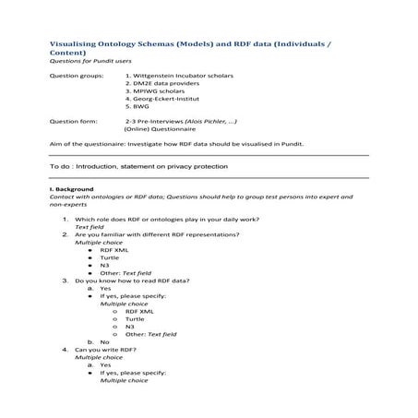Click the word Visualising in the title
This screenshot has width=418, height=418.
click(69, 43)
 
